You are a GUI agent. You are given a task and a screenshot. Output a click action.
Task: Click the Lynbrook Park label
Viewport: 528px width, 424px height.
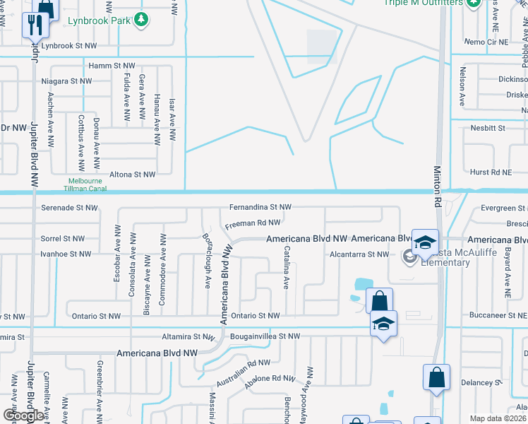point(99,20)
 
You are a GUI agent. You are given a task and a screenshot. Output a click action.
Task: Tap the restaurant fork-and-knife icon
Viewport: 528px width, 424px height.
point(35,25)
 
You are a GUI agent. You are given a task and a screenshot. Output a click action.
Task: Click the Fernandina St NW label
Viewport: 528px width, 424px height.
point(260,207)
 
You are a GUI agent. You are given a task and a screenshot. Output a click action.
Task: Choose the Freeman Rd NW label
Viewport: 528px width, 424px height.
point(253,224)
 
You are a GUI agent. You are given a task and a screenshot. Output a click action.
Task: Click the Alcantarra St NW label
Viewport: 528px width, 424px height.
point(360,254)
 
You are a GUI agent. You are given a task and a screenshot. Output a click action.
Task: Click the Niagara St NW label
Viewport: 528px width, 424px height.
point(66,81)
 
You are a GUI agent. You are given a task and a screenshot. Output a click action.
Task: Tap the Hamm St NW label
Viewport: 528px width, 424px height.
point(109,65)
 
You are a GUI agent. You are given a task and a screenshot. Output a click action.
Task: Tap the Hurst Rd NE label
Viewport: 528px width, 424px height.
point(490,172)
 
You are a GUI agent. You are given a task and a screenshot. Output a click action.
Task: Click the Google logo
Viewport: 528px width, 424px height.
point(23,416)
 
